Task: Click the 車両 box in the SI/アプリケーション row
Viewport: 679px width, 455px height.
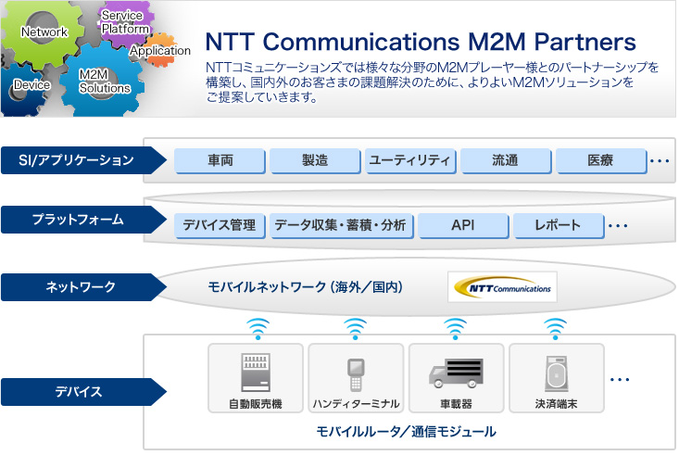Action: pos(220,160)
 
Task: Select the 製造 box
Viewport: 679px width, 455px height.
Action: pos(315,160)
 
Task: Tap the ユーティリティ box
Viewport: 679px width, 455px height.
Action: pos(410,160)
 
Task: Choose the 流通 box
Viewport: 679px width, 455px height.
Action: pos(506,160)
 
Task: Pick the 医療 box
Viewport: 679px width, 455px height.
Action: pos(601,160)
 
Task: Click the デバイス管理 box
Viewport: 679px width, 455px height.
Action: pos(220,225)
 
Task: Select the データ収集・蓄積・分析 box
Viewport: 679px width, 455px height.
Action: pos(341,225)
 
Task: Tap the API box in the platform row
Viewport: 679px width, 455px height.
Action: pos(463,225)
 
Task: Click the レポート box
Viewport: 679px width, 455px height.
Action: pos(559,225)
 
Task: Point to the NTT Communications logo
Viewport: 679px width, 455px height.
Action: pos(502,287)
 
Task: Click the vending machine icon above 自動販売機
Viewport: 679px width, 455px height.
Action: pos(256,373)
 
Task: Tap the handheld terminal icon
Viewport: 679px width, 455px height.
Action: pos(356,374)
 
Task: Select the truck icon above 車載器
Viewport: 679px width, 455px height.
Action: pos(456,373)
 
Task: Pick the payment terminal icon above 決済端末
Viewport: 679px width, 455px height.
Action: pos(557,373)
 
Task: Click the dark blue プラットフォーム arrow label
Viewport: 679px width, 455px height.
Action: pos(83,220)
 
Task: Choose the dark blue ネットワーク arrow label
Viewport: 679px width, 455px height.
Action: pos(83,287)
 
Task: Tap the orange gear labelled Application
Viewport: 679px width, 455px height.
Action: pos(161,51)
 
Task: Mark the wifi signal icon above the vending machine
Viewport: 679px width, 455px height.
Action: pos(258,329)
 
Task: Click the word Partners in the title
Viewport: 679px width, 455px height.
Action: pos(585,42)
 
